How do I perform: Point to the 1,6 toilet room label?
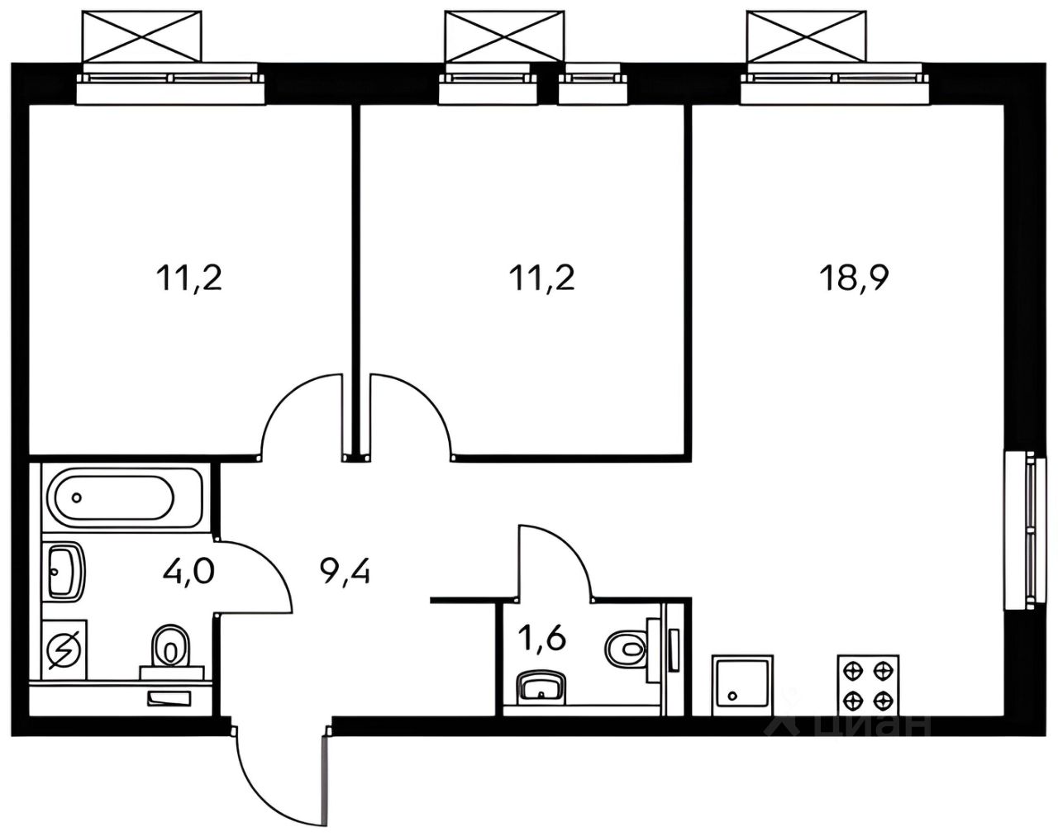coord(542,639)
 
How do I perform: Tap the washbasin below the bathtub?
coord(64,569)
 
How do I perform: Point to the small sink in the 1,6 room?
coord(541,686)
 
